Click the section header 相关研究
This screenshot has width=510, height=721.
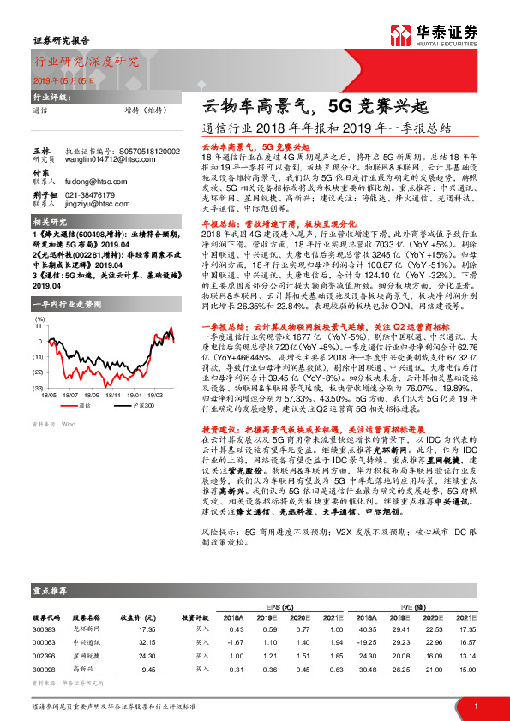pyautogui.click(x=51, y=223)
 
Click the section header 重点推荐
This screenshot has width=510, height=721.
pyautogui.click(x=52, y=591)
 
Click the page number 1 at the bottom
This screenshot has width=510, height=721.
pyautogui.click(x=475, y=706)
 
